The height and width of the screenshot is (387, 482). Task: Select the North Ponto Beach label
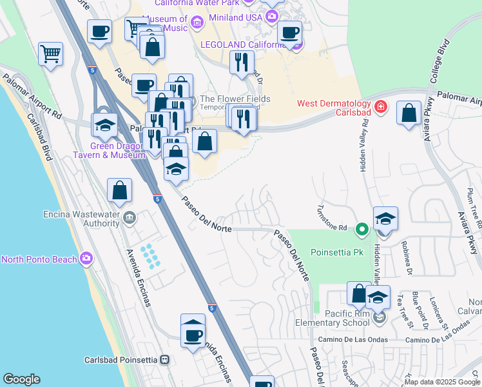pyautogui.click(x=39, y=260)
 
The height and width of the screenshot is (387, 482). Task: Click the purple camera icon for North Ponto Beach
pyautogui.click(x=86, y=259)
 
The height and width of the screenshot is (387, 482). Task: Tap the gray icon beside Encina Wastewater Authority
pyautogui.click(x=131, y=218)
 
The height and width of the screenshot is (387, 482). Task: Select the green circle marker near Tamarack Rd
pyautogui.click(x=362, y=228)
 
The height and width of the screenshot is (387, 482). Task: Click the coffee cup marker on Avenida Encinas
pyautogui.click(x=193, y=333)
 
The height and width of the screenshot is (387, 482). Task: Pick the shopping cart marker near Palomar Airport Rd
pyautogui.click(x=50, y=54)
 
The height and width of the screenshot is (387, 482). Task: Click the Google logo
pyautogui.click(x=21, y=379)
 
